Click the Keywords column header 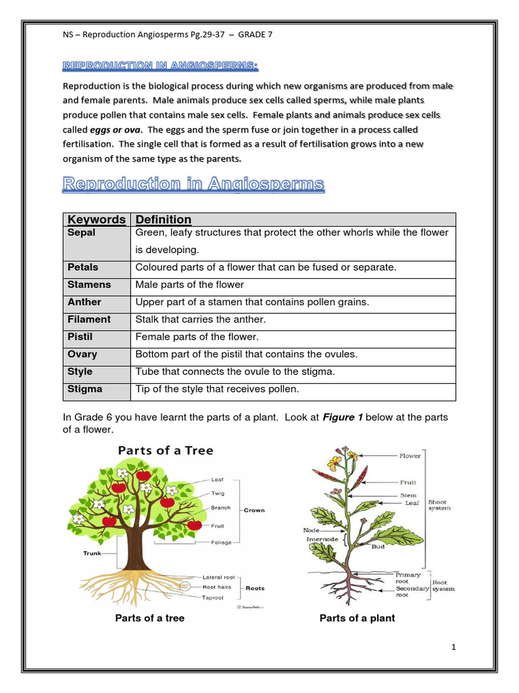pyautogui.click(x=96, y=219)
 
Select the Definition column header pyautogui.click(x=164, y=219)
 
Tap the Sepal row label pyautogui.click(x=82, y=232)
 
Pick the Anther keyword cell pyautogui.click(x=84, y=302)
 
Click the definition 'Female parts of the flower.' pyautogui.click(x=197, y=336)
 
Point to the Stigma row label pyautogui.click(x=85, y=388)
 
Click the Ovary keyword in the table pyautogui.click(x=82, y=354)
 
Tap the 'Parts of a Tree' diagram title pyautogui.click(x=166, y=450)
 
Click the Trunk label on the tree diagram pyautogui.click(x=92, y=553)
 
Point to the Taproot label pyautogui.click(x=214, y=598)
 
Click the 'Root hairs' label pyautogui.click(x=216, y=587)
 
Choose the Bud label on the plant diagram pyautogui.click(x=378, y=546)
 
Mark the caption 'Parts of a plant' pyautogui.click(x=357, y=618)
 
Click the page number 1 pyautogui.click(x=454, y=647)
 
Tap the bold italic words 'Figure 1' pyautogui.click(x=343, y=418)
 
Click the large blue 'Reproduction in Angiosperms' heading pyautogui.click(x=194, y=184)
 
